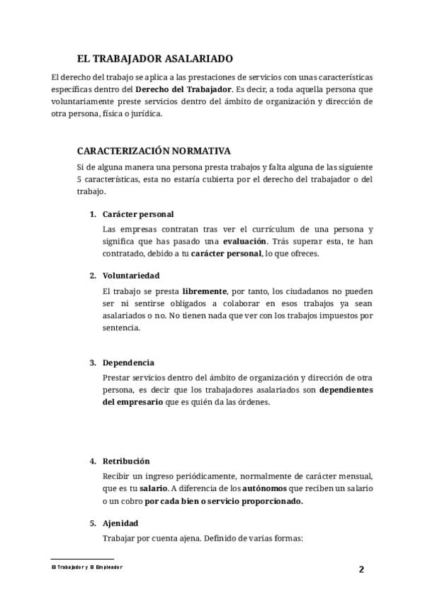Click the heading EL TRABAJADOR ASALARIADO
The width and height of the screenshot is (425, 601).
pos(154,59)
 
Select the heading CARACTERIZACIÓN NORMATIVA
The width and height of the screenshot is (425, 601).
pos(153,151)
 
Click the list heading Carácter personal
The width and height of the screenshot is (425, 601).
pos(138,214)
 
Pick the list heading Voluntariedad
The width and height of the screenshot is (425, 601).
pos(131,275)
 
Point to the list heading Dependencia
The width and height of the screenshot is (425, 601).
pos(128,363)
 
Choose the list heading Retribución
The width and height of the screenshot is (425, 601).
pos(126,461)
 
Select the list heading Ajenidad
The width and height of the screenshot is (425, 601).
pos(120,523)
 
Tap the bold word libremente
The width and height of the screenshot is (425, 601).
pos(205,291)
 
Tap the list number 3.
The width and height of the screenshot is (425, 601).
pos(92,363)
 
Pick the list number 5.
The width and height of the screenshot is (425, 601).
pos(92,523)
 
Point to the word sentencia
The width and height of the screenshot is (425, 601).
pos(122,328)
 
